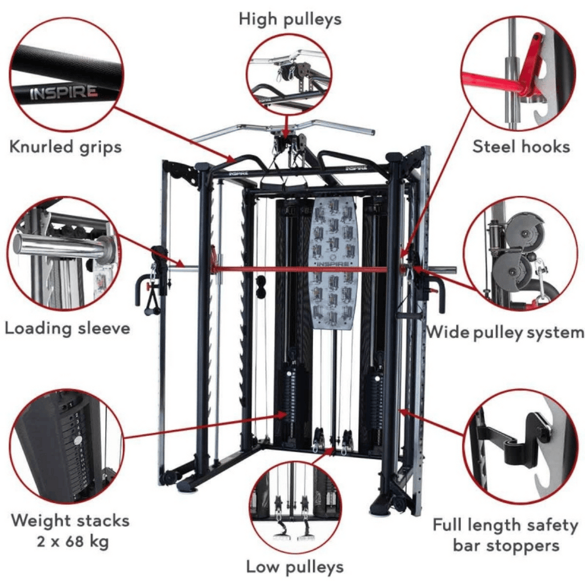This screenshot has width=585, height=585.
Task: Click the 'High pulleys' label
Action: pos(290,19)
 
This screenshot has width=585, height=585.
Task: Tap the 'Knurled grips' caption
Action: pos(65,147)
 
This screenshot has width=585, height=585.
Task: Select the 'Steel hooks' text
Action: pos(521,147)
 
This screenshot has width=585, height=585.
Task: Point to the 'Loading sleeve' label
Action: pos(67,328)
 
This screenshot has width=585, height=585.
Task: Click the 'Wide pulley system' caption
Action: pos(505,332)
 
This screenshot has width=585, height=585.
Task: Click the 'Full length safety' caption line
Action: pos(505,524)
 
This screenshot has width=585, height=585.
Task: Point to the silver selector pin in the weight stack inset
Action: pos(77,440)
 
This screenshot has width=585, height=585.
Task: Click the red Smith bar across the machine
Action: pos(308,269)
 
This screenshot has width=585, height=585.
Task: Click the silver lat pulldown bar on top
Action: pos(283,129)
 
